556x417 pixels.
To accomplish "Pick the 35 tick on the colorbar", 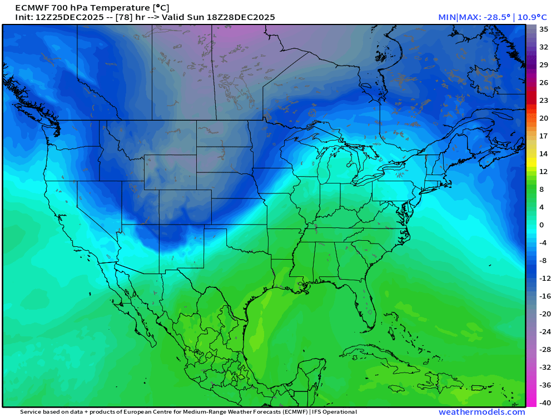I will point(544,29).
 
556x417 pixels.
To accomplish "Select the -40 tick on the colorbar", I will point(544,403).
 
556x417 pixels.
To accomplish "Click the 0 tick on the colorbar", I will point(542,225).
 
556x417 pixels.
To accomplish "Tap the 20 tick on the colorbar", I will point(544,118).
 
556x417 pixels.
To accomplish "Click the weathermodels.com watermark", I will point(481,412).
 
